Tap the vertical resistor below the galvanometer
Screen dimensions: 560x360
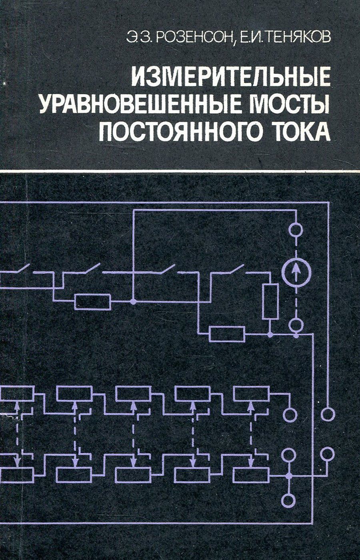pyautogui.click(x=270, y=302)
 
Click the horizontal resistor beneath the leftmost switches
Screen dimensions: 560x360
pyautogui.click(x=93, y=301)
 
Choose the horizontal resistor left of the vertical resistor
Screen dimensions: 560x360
pyautogui.click(x=227, y=334)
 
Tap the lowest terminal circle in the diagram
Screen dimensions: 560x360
pyautogui.click(x=288, y=500)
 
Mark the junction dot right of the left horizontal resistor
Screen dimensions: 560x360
pyautogui.click(x=133, y=301)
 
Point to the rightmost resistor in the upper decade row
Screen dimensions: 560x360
pyautogui.click(x=251, y=394)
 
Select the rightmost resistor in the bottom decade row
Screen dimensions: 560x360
pyautogui.click(x=251, y=475)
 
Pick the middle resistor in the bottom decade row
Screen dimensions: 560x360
pyautogui.click(x=133, y=475)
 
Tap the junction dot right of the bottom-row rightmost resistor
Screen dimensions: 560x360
pyautogui.click(x=288, y=476)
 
